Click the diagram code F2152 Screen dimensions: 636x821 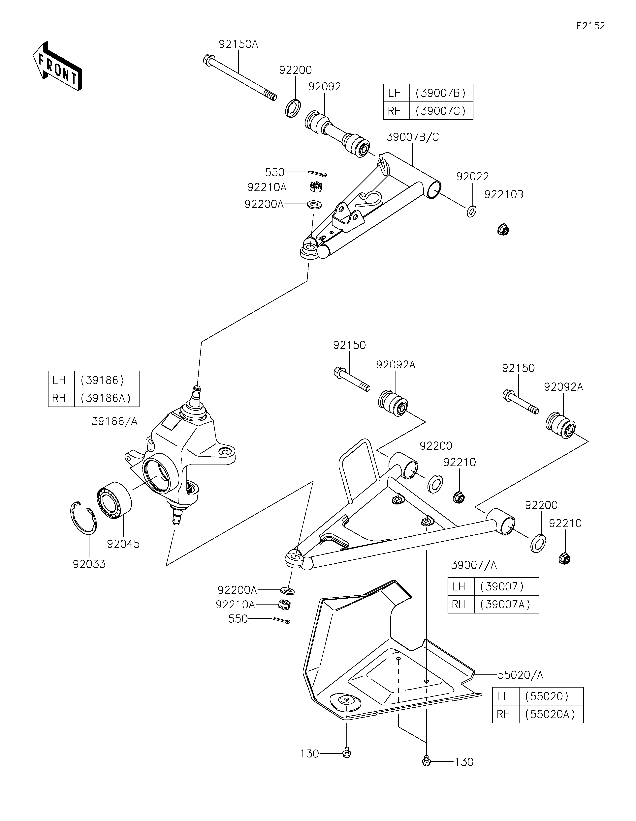590,26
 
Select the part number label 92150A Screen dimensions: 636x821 238,44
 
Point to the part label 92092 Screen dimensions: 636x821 325,87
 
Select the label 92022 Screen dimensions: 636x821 472,177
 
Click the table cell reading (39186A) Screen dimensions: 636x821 107,398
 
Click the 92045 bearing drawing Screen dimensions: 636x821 114,500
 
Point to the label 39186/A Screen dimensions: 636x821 115,422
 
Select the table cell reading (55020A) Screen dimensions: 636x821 551,714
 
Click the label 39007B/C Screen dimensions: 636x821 413,137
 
